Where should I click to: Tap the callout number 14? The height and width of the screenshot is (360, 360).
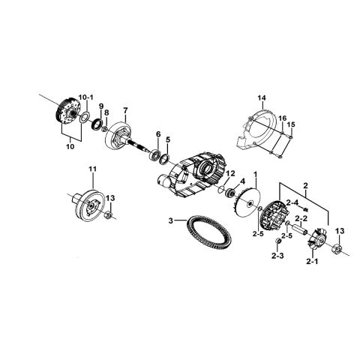point(262,98)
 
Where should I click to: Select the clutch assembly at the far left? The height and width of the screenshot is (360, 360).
point(67,112)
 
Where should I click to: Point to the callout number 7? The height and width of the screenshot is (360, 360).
point(125,109)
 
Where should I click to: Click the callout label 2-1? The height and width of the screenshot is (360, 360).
point(312,262)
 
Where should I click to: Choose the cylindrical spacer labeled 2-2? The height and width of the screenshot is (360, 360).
point(300,229)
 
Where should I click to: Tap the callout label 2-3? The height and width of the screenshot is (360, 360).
point(277,256)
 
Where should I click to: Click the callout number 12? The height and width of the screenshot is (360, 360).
point(231,172)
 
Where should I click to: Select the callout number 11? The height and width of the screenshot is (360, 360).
point(92,169)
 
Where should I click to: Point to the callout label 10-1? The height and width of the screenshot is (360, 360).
point(86,97)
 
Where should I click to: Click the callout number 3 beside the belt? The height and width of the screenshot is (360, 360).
point(171,220)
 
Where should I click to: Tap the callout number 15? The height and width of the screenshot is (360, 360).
point(291,124)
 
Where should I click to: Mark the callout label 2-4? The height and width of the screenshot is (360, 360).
point(292,202)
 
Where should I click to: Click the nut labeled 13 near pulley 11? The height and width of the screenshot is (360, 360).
point(109,214)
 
